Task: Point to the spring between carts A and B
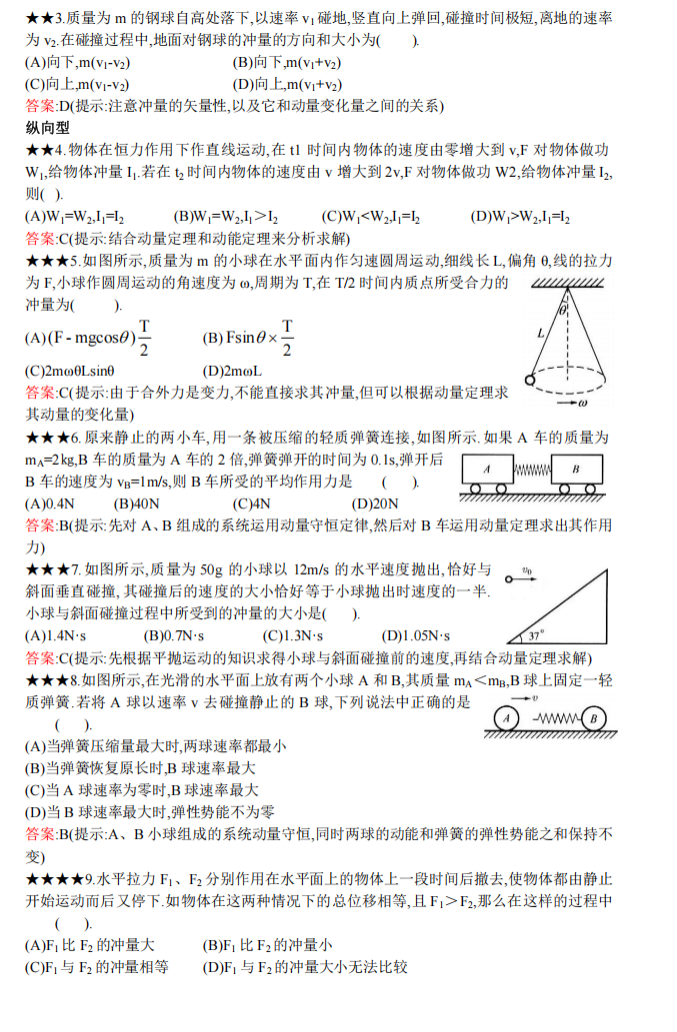point(531,469)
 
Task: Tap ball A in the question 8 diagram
point(507,718)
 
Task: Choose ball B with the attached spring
point(593,718)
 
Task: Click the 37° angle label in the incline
point(535,633)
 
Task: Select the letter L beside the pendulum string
point(540,333)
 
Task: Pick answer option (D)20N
point(375,504)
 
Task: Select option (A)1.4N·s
point(55,635)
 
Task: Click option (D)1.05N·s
point(416,635)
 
